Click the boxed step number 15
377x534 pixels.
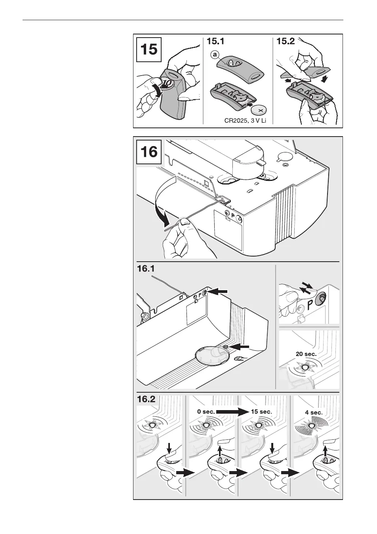(x=149, y=50)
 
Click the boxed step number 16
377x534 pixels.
(x=149, y=152)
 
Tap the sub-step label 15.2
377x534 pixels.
(x=286, y=42)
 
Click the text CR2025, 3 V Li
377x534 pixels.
(x=244, y=120)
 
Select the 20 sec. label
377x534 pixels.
(x=306, y=354)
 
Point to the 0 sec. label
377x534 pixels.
(x=206, y=412)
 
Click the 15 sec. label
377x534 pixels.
(x=261, y=412)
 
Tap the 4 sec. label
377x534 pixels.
(x=314, y=412)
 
